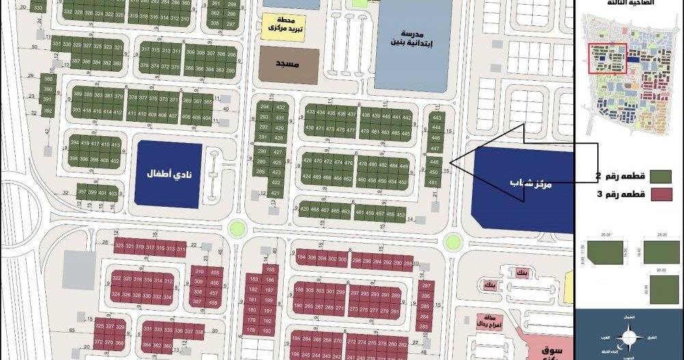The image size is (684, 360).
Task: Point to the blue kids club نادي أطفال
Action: [x=168, y=174]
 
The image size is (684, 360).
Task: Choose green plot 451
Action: [x=432, y=183]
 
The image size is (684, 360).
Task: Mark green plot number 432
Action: [x=280, y=107]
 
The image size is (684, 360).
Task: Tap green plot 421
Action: [x=276, y=194]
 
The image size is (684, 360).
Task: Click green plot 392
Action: [x=47, y=110]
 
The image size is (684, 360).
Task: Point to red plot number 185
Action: [x=271, y=270]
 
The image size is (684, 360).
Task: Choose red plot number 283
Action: [x=425, y=326]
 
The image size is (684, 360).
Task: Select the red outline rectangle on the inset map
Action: [x=607, y=58]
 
